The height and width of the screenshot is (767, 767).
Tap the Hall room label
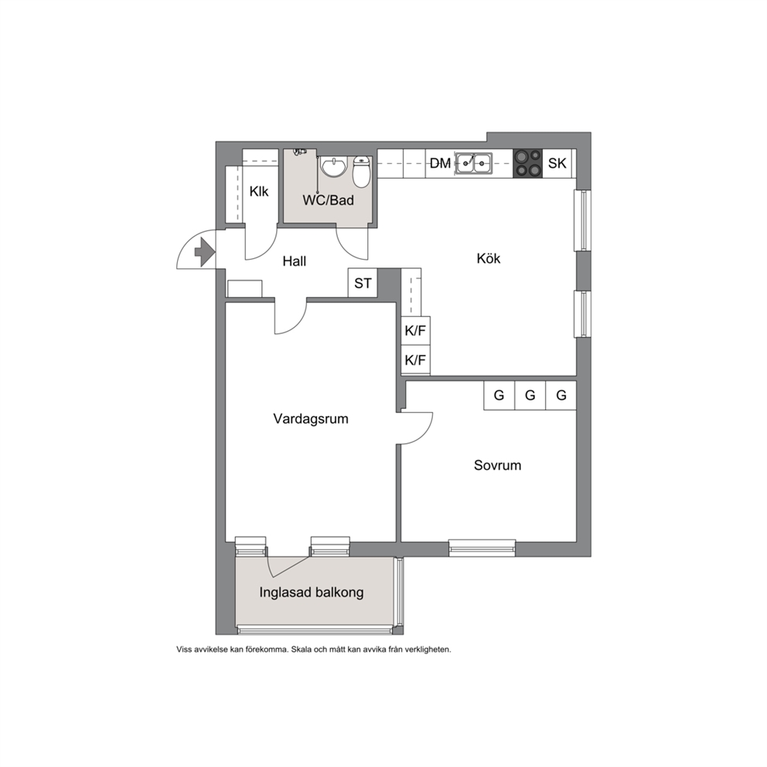point(295,261)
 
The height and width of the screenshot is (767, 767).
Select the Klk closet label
point(259,191)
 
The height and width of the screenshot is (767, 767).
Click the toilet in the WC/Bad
point(362,172)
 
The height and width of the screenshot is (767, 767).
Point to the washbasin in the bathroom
point(333,166)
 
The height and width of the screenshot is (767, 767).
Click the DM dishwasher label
point(440,163)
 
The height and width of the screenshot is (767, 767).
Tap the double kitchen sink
point(473,163)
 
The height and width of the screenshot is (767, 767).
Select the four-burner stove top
point(528,163)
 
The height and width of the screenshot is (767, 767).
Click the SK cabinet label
point(557,163)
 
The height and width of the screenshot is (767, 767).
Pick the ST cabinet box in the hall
point(363,283)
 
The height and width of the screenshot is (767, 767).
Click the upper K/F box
point(415,331)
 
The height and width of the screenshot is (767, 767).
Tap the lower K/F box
point(415,360)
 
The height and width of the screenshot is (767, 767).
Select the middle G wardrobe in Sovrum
point(530,395)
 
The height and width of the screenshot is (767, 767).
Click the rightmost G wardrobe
point(561,395)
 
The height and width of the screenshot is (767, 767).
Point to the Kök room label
point(489,258)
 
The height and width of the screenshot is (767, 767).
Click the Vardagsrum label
point(311,419)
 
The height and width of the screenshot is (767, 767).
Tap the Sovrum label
point(497,465)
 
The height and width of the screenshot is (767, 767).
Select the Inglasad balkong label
point(312,592)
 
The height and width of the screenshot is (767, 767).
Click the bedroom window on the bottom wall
point(482,548)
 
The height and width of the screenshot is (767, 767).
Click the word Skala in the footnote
point(302,649)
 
